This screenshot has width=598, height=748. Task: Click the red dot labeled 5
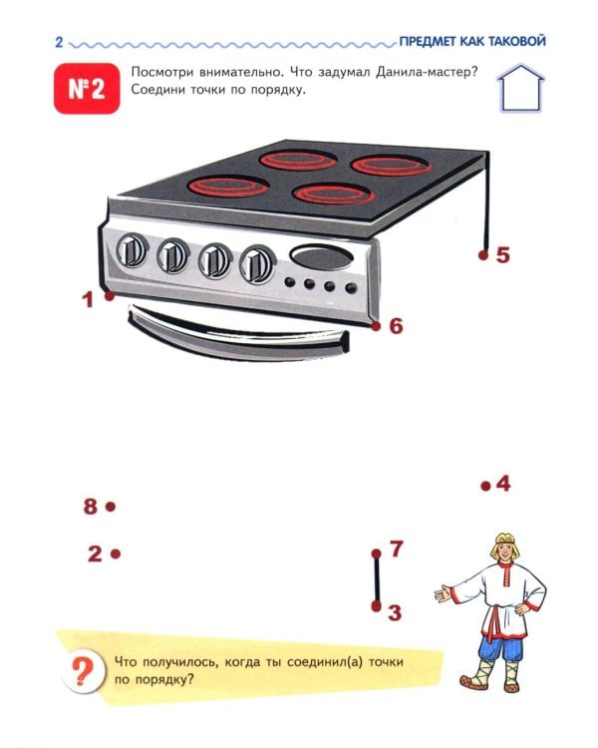pos(483,255)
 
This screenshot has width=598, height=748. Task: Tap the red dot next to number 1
pos(110,296)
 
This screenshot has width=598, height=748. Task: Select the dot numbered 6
pos(376,326)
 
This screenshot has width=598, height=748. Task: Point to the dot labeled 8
pos(111,507)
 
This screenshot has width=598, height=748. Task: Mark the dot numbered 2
pos(116,554)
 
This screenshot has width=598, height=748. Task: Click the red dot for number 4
pos(486,486)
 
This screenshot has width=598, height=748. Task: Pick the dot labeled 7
pos(377,554)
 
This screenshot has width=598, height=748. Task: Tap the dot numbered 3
pos(377,605)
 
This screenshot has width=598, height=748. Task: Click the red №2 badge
pos(87,89)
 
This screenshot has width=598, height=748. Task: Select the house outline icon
pos(520,88)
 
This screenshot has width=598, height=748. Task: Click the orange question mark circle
pos(83,672)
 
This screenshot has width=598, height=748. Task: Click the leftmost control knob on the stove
pos(132,249)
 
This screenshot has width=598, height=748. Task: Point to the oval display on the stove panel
pos(322,257)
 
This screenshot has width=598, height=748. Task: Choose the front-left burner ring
pos(230,187)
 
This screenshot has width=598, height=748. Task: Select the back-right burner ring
pos(391,165)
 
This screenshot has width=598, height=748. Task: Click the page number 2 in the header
pos(59,42)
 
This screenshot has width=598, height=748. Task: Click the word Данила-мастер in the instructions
pos(427,73)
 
